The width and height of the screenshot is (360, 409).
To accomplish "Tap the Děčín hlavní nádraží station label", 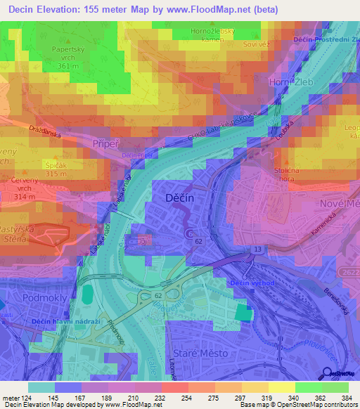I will click(62, 322).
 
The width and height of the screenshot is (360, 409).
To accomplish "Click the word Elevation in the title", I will click(65, 10).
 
